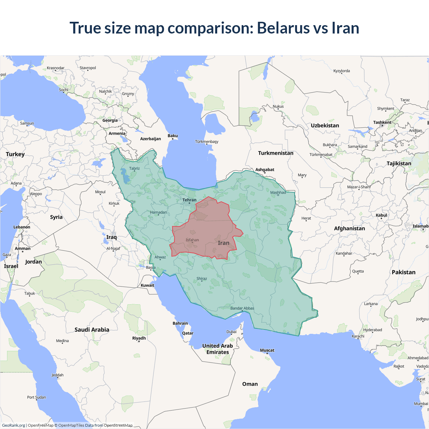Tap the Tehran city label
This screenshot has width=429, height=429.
[x=189, y=200]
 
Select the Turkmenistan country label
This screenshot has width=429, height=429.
[x=275, y=153]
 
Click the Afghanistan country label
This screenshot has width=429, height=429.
[x=349, y=229]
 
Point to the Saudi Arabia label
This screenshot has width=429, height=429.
[x=92, y=330]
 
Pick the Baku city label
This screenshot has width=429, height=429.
[x=173, y=136]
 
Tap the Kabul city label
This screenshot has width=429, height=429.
[x=381, y=215]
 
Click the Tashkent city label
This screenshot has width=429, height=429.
[x=382, y=122]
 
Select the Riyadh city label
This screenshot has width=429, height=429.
[x=139, y=338]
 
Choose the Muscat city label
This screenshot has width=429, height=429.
[x=267, y=350]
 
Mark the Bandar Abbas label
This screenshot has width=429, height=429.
[x=242, y=308]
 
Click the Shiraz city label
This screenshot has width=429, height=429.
[x=202, y=279]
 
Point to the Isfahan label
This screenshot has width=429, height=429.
[x=192, y=240]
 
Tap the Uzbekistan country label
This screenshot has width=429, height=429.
[x=325, y=126]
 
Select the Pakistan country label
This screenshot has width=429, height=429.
[x=404, y=272]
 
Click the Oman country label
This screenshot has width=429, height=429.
[x=250, y=384]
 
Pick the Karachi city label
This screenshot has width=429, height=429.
[x=358, y=336]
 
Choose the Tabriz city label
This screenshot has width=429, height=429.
[x=134, y=169]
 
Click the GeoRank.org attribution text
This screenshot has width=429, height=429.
[x=13, y=425]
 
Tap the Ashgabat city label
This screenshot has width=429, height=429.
[x=265, y=170]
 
